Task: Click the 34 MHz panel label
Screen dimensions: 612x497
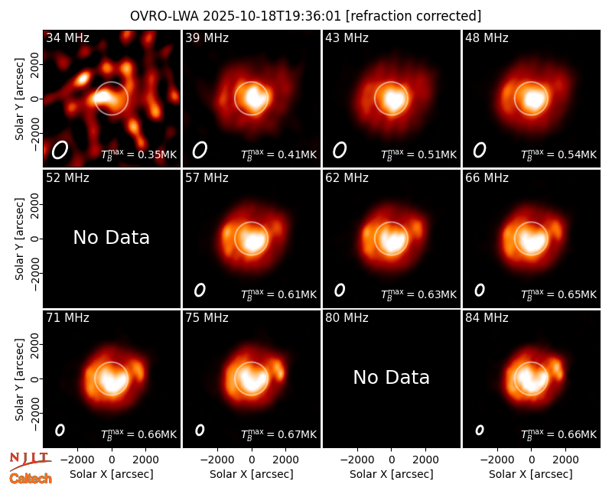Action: pos(67,37)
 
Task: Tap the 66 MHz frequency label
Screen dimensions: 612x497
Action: pos(487,178)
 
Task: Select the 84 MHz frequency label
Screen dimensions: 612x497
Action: pos(487,318)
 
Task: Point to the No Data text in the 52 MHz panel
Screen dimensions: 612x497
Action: pos(111,237)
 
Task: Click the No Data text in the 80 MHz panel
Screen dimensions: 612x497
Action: pos(391,377)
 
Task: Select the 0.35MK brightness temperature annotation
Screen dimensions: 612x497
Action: pos(139,154)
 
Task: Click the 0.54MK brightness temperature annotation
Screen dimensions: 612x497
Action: pos(559,154)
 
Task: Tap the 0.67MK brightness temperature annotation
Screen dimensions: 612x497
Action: pos(278,434)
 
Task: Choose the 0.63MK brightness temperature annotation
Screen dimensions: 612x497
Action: pos(418,294)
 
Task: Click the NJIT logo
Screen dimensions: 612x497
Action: pos(30,460)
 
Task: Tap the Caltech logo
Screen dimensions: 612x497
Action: pos(31,479)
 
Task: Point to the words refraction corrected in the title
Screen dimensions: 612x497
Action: pos(413,16)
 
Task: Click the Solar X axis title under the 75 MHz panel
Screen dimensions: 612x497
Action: pos(252,474)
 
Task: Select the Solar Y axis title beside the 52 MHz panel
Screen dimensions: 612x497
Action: pos(19,239)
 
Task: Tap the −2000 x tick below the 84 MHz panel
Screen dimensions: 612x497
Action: pos(496,460)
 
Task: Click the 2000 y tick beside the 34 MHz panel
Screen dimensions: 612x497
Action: pos(34,64)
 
